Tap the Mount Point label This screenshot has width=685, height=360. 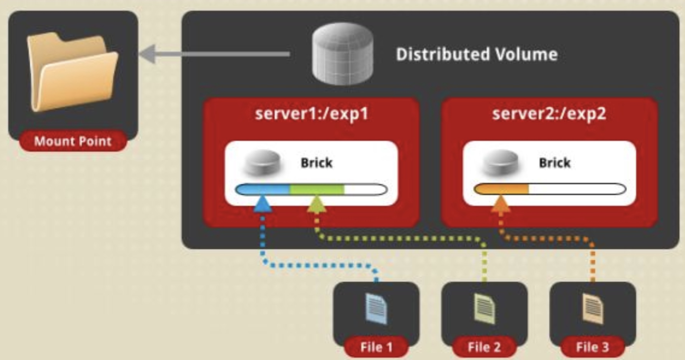pos(73,142)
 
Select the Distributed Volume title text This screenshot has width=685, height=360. pos(476,54)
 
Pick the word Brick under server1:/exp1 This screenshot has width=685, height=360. pos(317,163)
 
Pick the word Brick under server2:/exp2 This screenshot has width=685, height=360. pos(555,163)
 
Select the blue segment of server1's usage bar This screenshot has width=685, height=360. pos(263,189)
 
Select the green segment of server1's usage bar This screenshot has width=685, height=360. pos(317,189)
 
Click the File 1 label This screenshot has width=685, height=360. pos(377,347)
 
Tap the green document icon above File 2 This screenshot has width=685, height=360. pos(484,308)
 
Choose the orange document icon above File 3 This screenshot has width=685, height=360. pos(593,308)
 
